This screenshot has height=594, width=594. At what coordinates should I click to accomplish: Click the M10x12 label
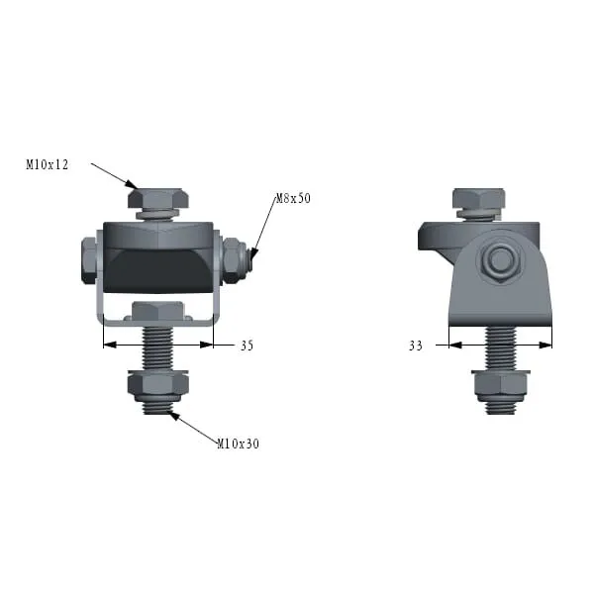point(47,164)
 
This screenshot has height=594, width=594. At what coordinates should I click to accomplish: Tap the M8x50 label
point(293,198)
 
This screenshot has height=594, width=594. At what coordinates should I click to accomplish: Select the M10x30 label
point(239,444)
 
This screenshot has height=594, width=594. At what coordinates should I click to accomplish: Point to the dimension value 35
point(247,346)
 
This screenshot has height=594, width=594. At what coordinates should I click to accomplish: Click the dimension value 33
point(416,346)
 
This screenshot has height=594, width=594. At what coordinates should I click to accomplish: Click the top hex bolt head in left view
point(158,198)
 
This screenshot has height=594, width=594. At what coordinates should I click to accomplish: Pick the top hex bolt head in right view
point(479,198)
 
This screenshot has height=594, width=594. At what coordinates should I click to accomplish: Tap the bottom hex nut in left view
point(158,384)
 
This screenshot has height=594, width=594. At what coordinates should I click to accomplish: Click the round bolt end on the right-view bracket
point(500,258)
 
